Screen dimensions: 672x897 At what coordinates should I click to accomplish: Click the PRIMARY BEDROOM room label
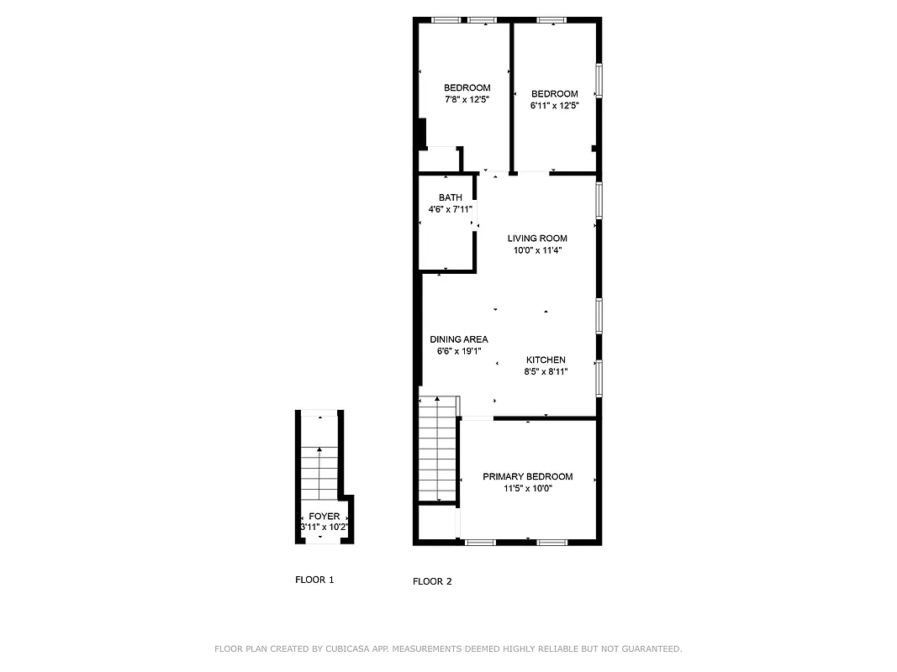tap(527, 476)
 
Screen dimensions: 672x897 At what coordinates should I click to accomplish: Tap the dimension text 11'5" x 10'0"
tap(527, 488)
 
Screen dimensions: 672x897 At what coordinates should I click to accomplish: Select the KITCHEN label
tap(546, 360)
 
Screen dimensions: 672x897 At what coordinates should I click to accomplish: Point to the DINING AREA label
tap(459, 339)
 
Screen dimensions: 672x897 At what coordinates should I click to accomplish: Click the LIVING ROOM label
tap(537, 238)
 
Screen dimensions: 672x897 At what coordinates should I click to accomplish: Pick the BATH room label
tap(450, 197)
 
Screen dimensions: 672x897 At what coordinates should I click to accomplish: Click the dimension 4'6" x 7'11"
tap(450, 209)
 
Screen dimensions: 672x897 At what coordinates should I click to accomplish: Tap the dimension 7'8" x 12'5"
tap(467, 99)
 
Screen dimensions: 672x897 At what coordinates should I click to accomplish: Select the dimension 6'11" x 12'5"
tap(554, 105)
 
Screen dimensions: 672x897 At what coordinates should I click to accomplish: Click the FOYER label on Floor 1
tap(324, 516)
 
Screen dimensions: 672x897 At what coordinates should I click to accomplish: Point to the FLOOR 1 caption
tap(314, 580)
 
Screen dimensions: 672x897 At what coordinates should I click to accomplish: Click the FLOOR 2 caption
tap(432, 581)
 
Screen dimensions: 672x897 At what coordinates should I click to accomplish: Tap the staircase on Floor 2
tap(438, 449)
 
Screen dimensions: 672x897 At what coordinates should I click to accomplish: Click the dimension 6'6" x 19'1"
tap(459, 351)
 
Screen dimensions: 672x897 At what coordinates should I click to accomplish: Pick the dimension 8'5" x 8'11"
tap(546, 371)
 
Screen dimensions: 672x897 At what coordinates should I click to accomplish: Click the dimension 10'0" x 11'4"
tap(537, 249)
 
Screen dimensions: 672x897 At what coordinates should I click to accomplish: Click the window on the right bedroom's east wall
tap(599, 81)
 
